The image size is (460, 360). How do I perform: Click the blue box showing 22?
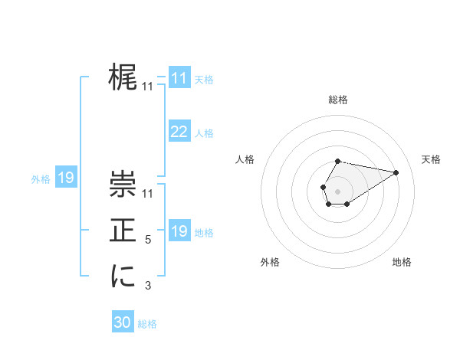(x=179, y=132)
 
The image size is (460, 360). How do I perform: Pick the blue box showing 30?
(x=123, y=322)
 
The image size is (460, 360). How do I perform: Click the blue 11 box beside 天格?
(x=179, y=78)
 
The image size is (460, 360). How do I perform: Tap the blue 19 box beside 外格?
(x=66, y=178)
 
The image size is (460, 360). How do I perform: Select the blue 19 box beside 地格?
(x=179, y=231)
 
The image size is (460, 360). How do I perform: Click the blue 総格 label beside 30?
(x=147, y=324)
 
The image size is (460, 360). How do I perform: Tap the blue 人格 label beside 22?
(x=204, y=133)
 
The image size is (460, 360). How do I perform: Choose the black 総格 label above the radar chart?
(x=338, y=100)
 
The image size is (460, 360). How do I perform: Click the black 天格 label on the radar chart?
(x=431, y=159)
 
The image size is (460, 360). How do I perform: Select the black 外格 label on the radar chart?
(x=270, y=262)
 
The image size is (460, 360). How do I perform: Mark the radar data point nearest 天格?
(x=396, y=172)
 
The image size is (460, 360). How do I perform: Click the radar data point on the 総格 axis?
(x=338, y=161)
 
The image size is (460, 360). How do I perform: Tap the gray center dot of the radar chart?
(x=338, y=190)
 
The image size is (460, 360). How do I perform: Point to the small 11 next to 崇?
(x=148, y=195)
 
